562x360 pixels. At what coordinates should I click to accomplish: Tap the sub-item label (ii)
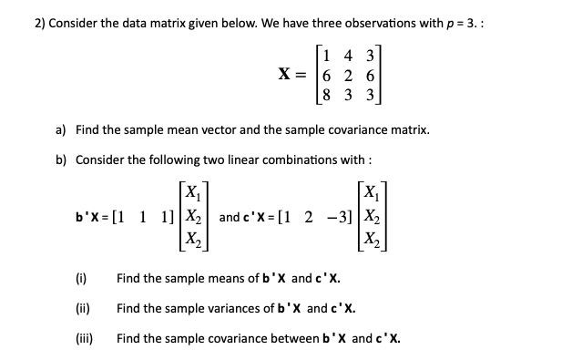pos(82,307)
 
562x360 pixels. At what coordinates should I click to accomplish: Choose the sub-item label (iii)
pos(83,337)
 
